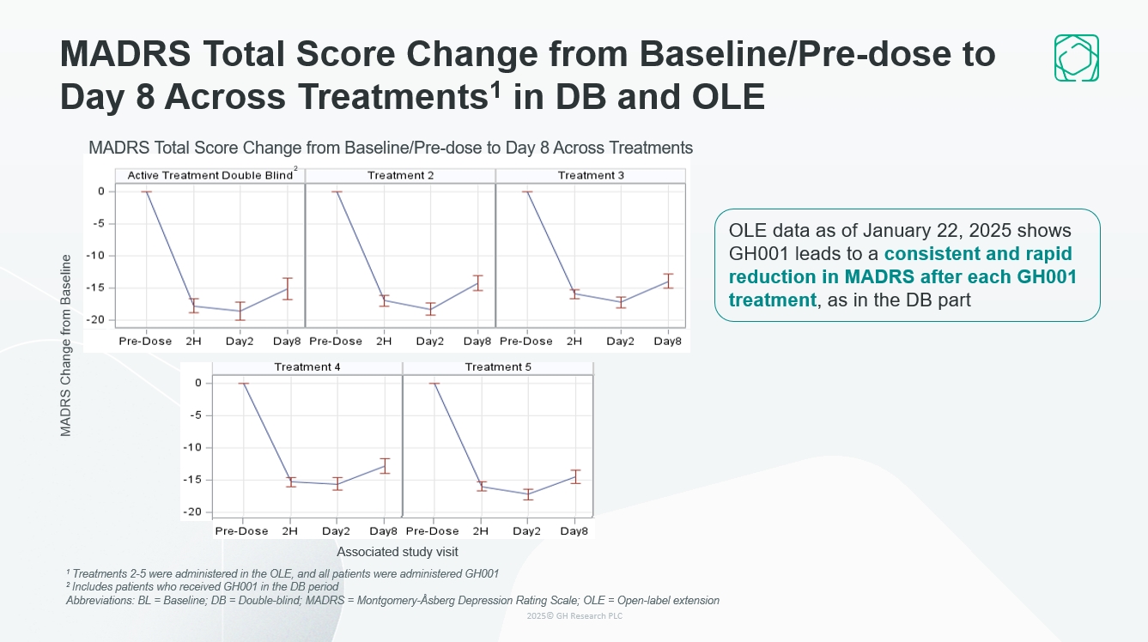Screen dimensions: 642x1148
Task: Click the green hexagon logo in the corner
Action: click(x=1076, y=58)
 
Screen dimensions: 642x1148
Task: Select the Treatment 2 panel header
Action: click(x=400, y=175)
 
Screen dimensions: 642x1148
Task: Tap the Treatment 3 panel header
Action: click(x=591, y=175)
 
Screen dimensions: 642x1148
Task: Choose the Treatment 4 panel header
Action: click(x=307, y=366)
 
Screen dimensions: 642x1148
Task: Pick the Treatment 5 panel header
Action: click(x=498, y=366)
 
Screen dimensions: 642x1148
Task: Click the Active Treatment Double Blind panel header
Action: click(x=210, y=175)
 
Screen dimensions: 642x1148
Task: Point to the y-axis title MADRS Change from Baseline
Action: click(x=66, y=345)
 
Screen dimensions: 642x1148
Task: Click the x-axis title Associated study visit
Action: click(x=398, y=552)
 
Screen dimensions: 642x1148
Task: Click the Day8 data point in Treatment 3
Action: click(x=668, y=281)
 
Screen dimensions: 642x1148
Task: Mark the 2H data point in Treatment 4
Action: click(x=290, y=481)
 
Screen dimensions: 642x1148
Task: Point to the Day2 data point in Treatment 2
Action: click(x=430, y=309)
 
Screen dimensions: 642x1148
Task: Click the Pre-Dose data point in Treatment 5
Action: click(x=433, y=384)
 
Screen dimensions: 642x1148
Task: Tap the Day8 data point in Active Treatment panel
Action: click(x=288, y=288)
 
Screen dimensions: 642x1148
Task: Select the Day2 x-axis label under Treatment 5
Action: click(x=526, y=531)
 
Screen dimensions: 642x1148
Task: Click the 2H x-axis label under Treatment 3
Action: click(x=574, y=341)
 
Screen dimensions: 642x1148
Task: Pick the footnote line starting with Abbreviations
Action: click(x=392, y=601)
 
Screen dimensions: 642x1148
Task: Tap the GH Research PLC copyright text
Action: click(x=574, y=616)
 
